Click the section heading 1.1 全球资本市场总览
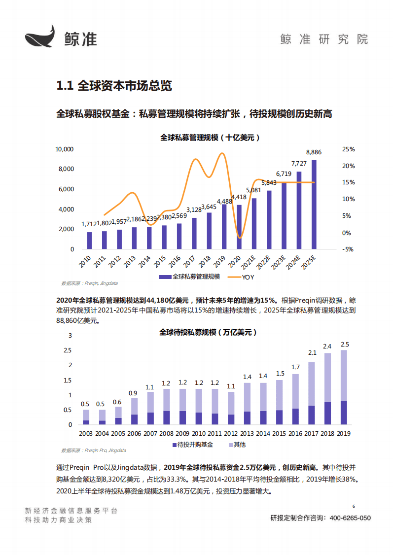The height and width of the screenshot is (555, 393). click(x=114, y=86)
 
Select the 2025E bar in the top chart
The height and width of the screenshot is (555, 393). click(x=314, y=205)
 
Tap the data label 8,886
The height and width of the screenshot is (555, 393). click(x=314, y=152)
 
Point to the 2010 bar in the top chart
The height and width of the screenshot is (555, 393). click(x=89, y=241)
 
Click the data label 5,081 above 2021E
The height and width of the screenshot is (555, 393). click(x=253, y=190)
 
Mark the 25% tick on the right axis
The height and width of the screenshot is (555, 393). click(x=349, y=149)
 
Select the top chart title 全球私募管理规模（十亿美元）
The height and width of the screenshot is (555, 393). click(x=210, y=138)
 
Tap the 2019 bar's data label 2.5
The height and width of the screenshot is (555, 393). click(x=345, y=344)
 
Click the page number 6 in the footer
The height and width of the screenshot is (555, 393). click(x=354, y=506)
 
